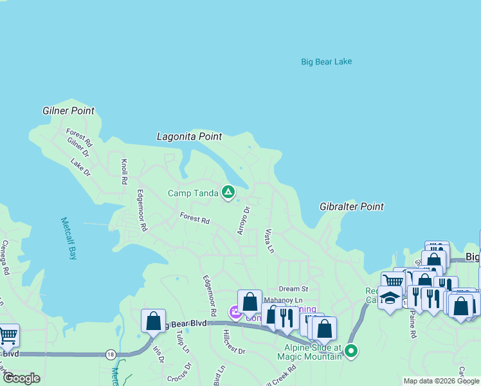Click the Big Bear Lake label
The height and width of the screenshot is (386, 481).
click(326, 62)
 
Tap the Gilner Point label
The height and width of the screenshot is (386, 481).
click(68, 111)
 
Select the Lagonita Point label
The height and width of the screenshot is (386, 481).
click(189, 136)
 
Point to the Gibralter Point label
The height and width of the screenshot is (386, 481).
click(351, 207)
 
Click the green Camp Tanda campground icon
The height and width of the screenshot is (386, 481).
click(228, 192)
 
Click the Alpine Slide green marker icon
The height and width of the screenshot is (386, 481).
click(350, 351)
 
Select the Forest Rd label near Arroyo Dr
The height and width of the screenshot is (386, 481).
click(194, 219)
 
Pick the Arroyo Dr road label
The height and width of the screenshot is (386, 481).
click(243, 220)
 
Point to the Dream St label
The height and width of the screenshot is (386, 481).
click(293, 289)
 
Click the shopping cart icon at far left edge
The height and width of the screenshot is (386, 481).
click(7, 335)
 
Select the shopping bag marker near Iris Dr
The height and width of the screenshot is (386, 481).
click(153, 320)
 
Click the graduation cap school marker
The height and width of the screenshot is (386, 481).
click(390, 298)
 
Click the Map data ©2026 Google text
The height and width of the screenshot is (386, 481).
click(441, 381)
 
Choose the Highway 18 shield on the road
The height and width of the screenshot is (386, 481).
click(111, 354)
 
